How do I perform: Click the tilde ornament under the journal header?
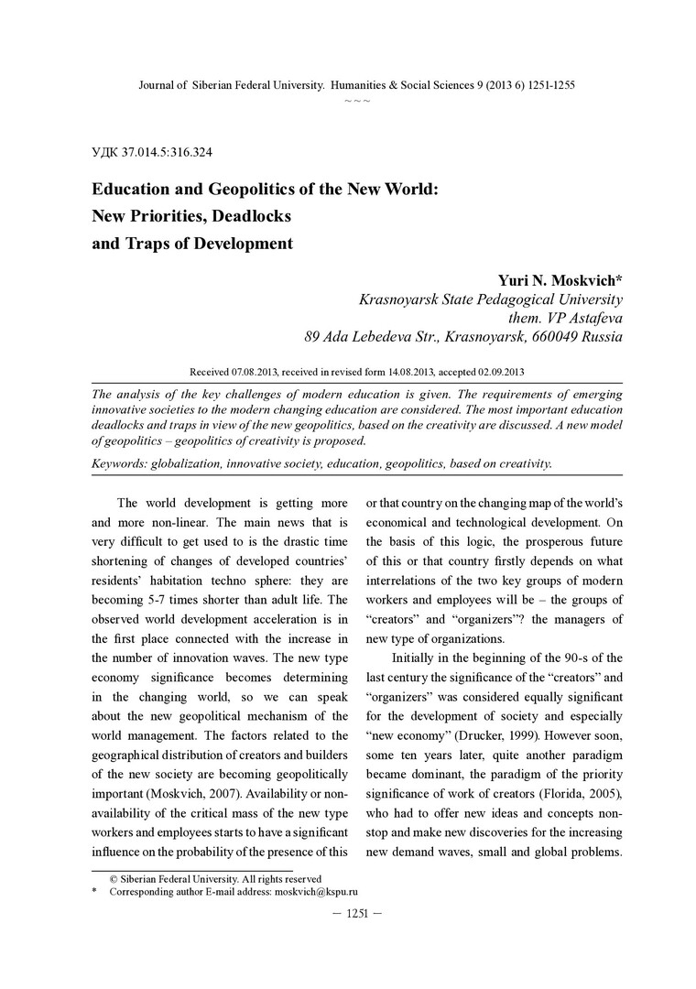coord(356,99)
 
